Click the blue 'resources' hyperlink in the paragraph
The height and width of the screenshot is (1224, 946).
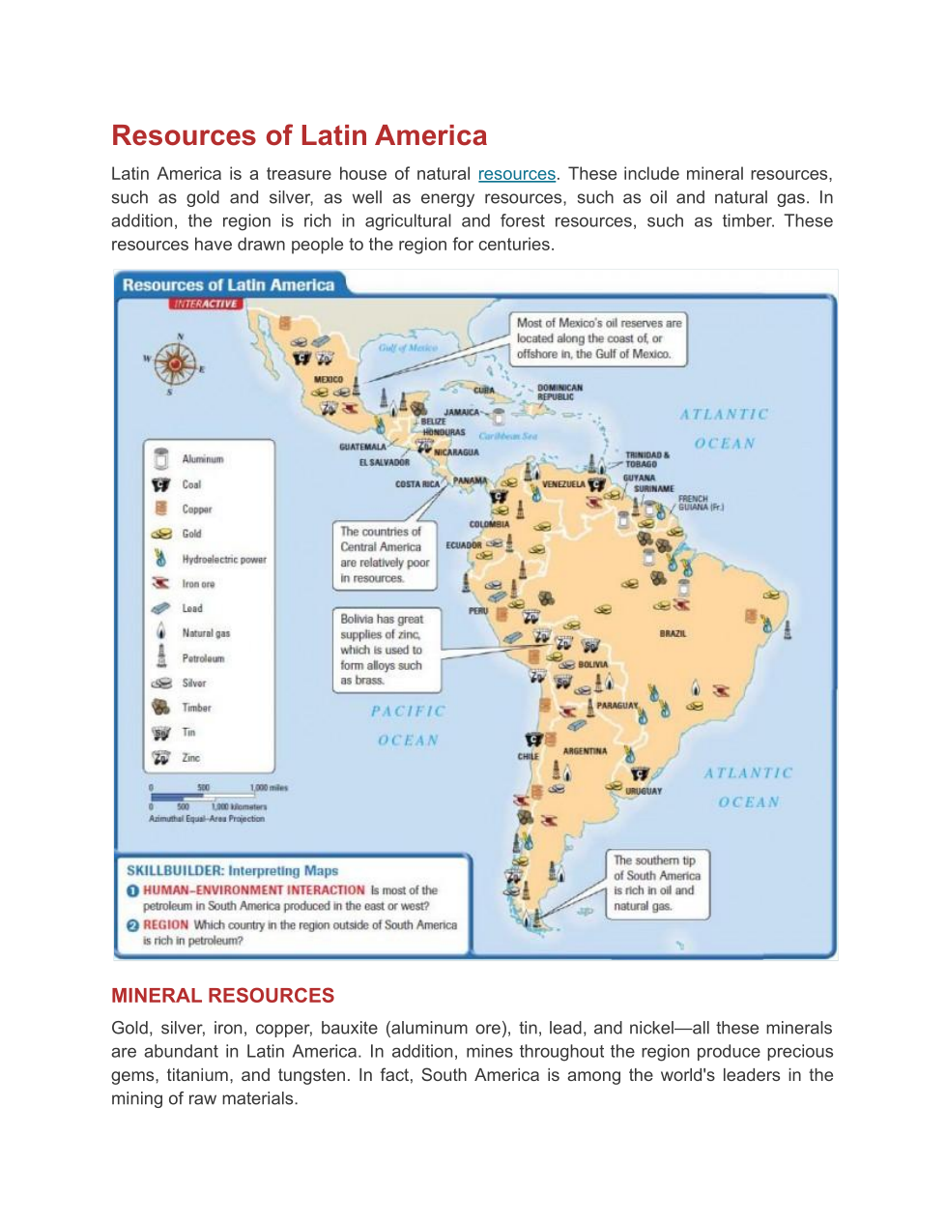pos(516,174)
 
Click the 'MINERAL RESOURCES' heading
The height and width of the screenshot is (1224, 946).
pos(222,995)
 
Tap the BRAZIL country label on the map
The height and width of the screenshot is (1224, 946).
pos(673,633)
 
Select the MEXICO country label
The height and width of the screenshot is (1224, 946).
pos(329,380)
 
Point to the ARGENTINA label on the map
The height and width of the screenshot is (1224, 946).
pos(585,751)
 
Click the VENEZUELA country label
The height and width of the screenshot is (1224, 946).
pos(563,483)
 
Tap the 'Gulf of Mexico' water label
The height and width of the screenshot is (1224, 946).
pos(408,348)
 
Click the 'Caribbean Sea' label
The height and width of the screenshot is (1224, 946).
pos(508,436)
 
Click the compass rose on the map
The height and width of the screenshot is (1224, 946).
pos(175,364)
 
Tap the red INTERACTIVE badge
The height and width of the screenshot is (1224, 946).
pos(206,304)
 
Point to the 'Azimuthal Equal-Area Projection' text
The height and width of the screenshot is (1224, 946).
pos(207,819)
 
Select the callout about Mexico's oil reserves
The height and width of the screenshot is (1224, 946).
pos(598,338)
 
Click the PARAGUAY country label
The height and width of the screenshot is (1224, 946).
pos(616,706)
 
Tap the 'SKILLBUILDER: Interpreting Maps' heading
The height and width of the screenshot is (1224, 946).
pos(232,870)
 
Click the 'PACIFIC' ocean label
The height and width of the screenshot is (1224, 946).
pos(408,711)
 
